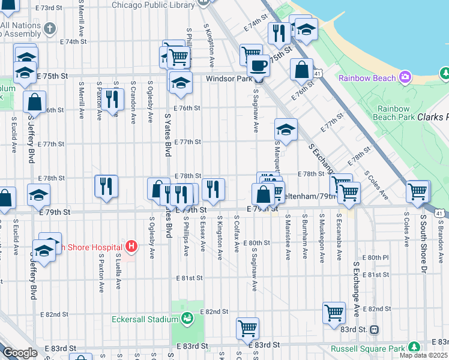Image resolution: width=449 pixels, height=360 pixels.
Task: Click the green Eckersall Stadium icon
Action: [x=187, y=317]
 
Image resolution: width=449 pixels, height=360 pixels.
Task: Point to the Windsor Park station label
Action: [x=228, y=79]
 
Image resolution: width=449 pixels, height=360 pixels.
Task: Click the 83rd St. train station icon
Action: [x=375, y=329]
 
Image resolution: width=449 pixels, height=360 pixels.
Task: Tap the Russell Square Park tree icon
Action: [x=414, y=347]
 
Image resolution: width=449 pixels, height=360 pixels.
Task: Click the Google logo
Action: [x=19, y=353]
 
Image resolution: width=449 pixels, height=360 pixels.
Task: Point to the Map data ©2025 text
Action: [x=423, y=355]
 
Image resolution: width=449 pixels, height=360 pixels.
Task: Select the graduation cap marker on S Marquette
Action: [x=286, y=129]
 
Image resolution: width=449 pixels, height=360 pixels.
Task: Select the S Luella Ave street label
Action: [x=119, y=272]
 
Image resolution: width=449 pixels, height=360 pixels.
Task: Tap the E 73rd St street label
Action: [x=49, y=8]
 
